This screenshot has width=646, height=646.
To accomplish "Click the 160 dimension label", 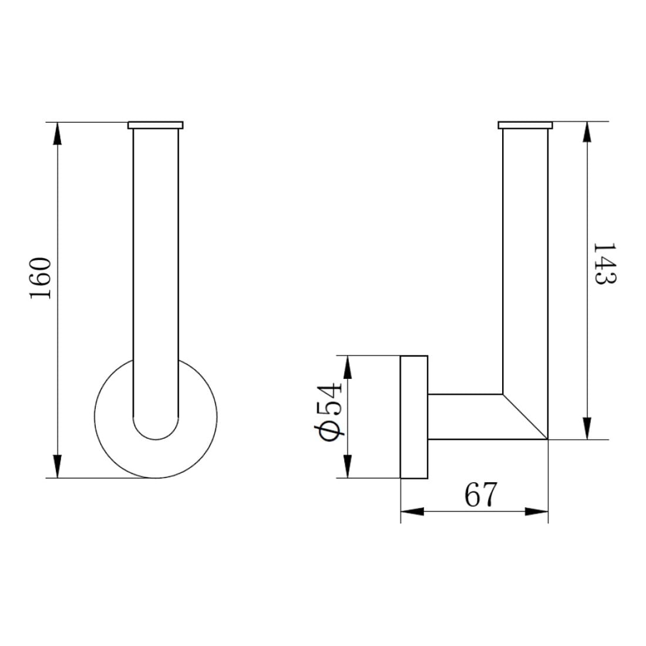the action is [x=41, y=278].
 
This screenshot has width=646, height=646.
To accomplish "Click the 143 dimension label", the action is [x=604, y=264].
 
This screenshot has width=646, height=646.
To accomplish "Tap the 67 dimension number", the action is [x=481, y=494].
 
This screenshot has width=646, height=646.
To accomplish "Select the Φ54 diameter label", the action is [x=331, y=412].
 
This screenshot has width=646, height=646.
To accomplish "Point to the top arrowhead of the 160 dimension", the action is [x=58, y=133].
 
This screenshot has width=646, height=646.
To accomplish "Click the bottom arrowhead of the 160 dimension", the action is [x=58, y=466].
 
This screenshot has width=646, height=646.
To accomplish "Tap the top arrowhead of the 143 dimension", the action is [x=587, y=133].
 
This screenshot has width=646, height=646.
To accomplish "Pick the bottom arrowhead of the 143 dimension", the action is [x=587, y=428].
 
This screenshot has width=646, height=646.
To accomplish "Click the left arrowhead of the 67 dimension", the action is [x=412, y=512].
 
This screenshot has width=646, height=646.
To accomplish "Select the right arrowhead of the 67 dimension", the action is [x=536, y=512].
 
